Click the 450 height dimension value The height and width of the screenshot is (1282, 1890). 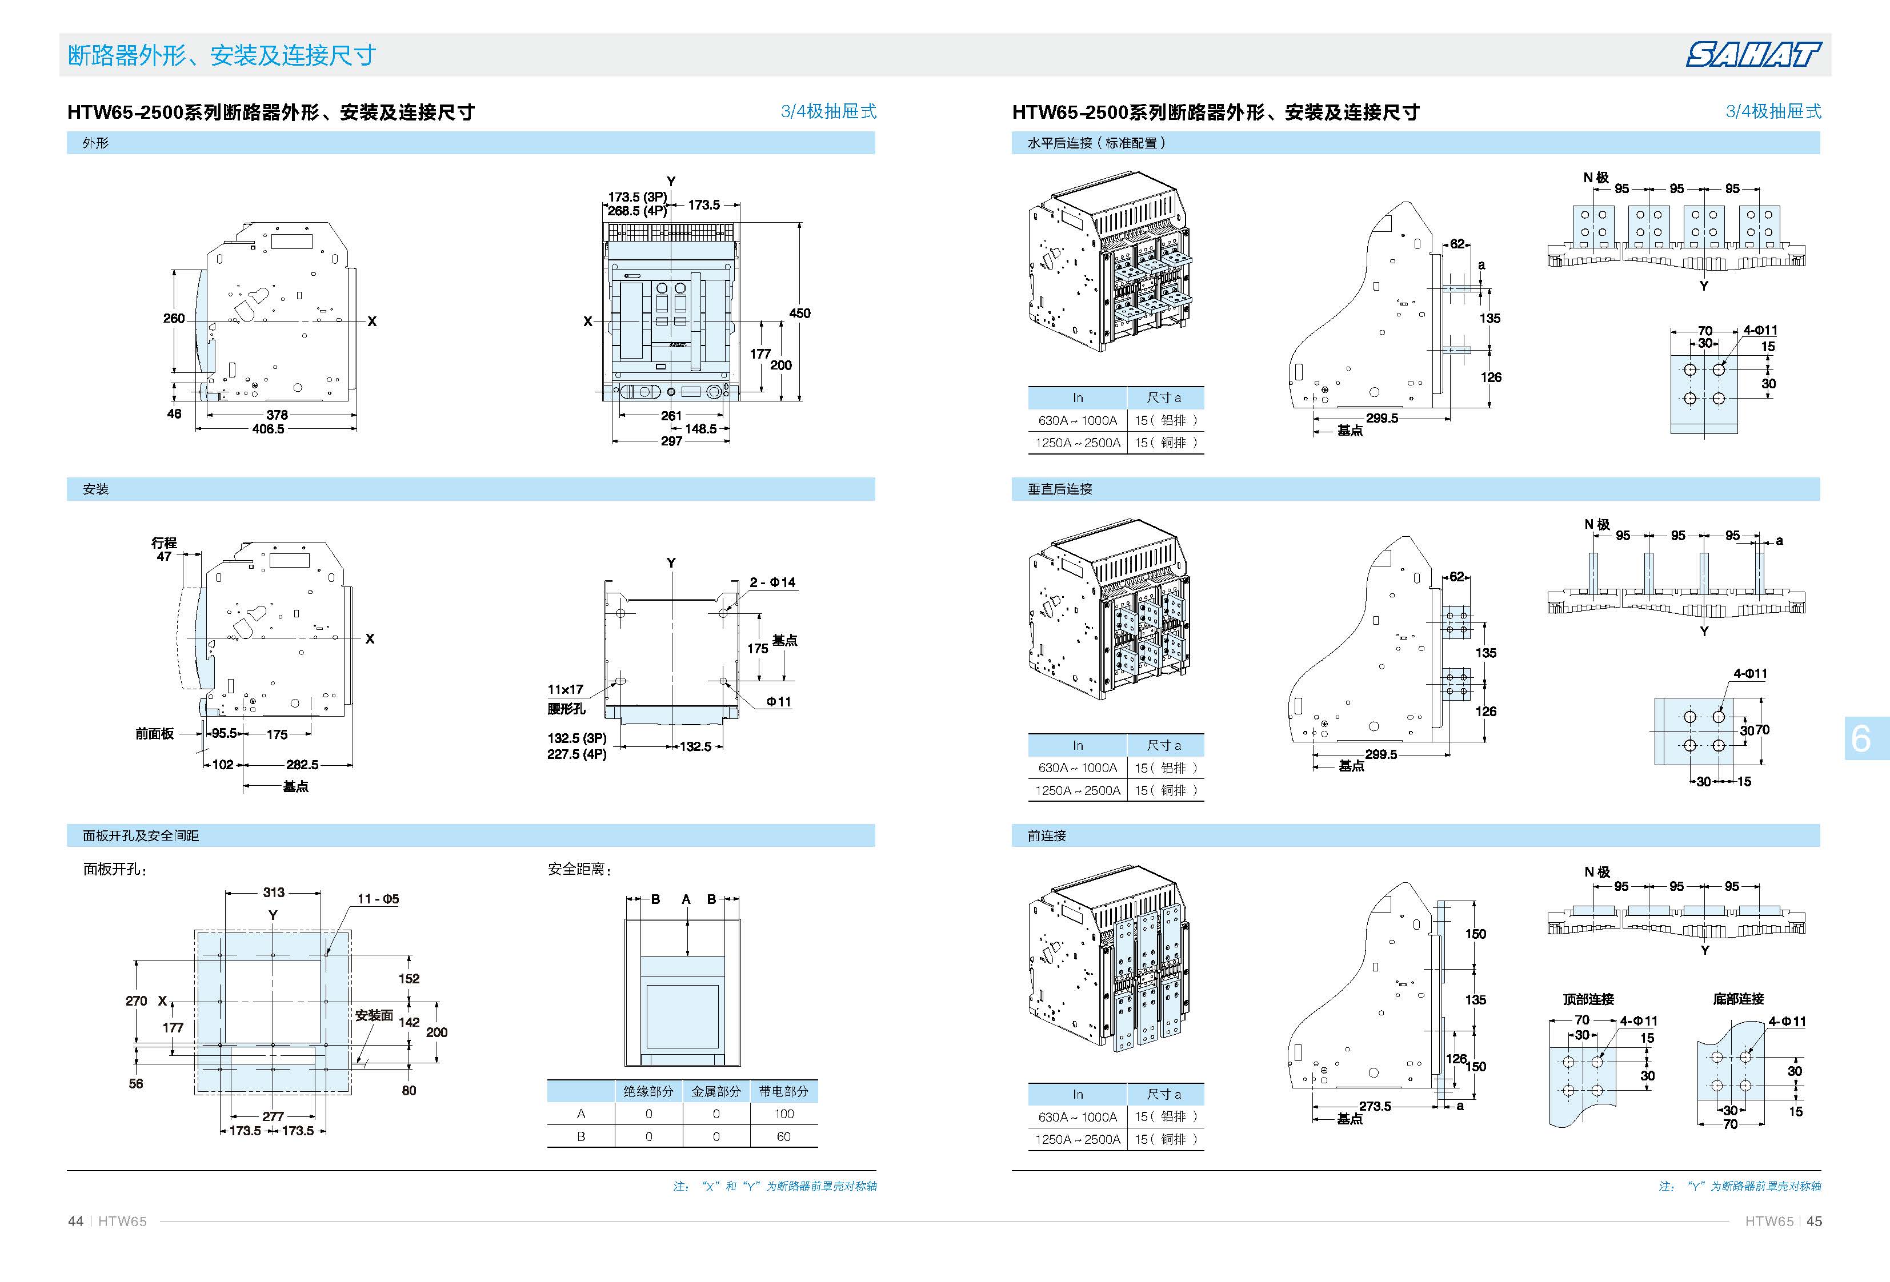(799, 313)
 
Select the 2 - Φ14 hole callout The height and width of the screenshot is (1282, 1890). (772, 582)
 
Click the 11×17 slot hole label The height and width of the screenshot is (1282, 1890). (565, 689)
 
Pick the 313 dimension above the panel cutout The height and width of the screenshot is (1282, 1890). (273, 892)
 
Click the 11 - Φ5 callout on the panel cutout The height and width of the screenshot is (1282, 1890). (378, 898)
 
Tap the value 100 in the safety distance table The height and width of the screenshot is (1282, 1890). (783, 1114)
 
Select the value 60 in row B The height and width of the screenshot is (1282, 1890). (783, 1136)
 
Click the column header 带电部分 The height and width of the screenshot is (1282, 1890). (783, 1091)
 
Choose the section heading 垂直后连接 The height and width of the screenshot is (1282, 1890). (1060, 489)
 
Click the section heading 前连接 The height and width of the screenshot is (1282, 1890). (1047, 835)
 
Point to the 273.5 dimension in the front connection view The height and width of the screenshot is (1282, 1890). (1375, 1107)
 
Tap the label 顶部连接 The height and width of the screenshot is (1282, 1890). (1588, 999)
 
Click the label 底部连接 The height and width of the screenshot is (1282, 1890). (1738, 999)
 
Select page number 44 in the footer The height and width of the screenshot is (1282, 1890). (75, 1221)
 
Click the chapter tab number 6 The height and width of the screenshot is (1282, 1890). (1861, 738)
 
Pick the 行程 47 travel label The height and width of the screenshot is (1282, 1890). (165, 549)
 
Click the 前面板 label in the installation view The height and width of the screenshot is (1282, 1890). (154, 733)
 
